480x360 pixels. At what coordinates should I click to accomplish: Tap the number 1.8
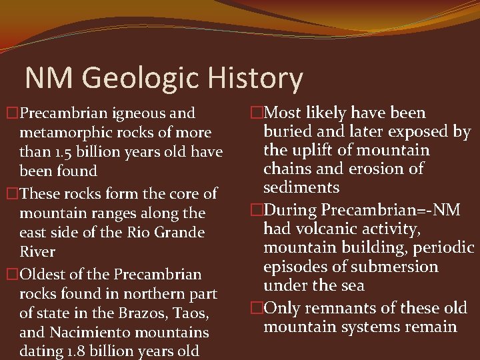point(85,351)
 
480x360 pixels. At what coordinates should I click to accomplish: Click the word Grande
point(179,233)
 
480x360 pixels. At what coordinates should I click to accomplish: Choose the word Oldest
point(44,274)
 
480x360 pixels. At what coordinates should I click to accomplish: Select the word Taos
point(190,312)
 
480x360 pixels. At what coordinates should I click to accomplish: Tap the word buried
point(286,131)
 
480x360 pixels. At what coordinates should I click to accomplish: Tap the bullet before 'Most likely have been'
point(255,113)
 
